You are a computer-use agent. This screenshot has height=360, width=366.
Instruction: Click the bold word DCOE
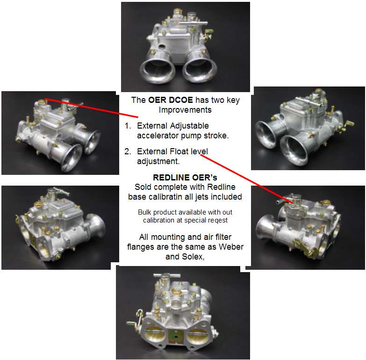[181, 100]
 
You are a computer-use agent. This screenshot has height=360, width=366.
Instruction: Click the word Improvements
[185, 110]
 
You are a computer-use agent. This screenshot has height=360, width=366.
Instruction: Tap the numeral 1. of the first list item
[128, 126]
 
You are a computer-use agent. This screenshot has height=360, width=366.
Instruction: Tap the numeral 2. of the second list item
[128, 151]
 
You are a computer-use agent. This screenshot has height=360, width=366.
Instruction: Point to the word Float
[179, 151]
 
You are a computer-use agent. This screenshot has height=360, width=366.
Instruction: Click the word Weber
[231, 247]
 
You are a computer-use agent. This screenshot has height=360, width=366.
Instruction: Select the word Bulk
[144, 212]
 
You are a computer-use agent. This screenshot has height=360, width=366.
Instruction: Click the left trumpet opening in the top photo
[158, 71]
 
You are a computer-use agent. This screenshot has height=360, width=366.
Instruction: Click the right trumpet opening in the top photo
[200, 70]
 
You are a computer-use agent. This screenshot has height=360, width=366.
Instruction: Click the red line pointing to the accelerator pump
[92, 108]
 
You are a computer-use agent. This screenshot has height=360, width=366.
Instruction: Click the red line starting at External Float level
[246, 179]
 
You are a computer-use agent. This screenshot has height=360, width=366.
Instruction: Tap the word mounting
[168, 238]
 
